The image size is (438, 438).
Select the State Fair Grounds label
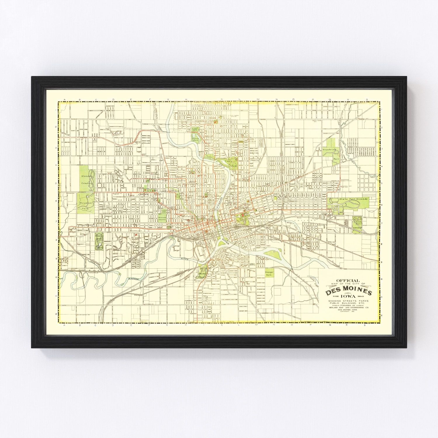click(x=353, y=199)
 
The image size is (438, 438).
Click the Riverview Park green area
click(x=195, y=136)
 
